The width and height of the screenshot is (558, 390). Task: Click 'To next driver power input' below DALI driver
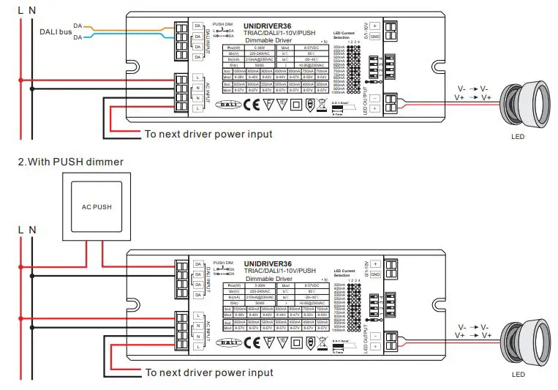click(208, 134)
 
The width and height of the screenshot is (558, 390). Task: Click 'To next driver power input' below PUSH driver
click(208, 372)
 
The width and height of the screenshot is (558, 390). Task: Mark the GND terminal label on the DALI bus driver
click(374, 37)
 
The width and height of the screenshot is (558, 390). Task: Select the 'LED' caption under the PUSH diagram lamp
click(519, 375)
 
